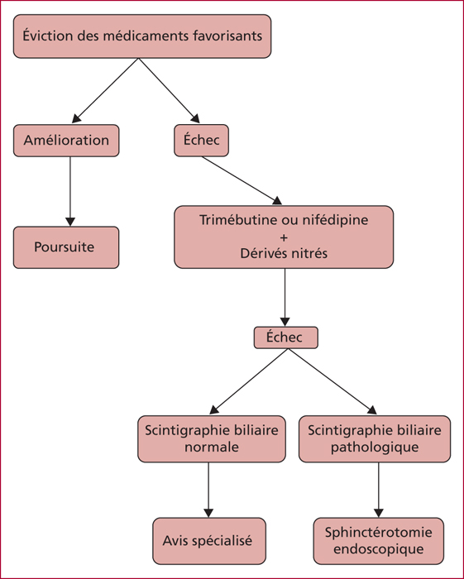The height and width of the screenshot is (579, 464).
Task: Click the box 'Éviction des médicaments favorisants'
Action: [142, 36]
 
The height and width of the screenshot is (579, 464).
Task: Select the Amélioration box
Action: [66, 141]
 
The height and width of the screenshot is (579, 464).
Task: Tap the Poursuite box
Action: [66, 247]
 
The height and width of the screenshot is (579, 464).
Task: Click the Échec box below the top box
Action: [201, 141]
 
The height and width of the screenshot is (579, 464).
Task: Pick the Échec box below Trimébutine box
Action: [285, 337]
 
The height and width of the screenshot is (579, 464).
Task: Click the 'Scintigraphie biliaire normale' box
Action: [212, 439]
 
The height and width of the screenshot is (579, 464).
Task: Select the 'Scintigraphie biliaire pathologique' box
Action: [375, 439]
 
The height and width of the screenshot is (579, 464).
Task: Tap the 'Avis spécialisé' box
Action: [209, 541]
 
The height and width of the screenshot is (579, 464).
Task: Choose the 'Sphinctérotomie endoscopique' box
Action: [378, 541]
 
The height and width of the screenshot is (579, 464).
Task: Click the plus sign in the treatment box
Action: [284, 237]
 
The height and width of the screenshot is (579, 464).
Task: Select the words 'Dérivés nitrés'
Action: [284, 253]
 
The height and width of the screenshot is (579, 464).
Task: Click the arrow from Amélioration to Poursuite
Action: [70, 191]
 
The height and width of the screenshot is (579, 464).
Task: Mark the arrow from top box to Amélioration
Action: [105, 90]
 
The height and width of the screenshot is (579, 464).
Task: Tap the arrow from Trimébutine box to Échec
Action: [285, 297]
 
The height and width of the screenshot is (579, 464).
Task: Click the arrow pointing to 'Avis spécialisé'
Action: [208, 490]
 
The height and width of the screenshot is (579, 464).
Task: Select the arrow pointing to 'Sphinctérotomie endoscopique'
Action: [378, 490]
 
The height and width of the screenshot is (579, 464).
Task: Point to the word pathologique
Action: [375, 447]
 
